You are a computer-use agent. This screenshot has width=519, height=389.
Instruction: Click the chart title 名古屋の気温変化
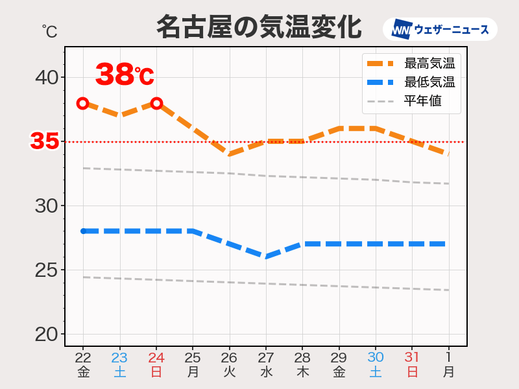(x=259, y=28)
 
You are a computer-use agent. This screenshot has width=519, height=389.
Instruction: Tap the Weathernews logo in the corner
(x=440, y=30)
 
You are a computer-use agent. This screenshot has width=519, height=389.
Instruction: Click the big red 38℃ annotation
(x=125, y=75)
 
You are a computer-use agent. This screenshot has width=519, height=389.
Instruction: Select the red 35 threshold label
(x=45, y=141)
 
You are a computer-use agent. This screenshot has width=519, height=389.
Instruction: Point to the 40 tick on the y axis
(x=46, y=78)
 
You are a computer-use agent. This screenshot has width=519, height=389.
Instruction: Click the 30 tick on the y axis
(x=46, y=206)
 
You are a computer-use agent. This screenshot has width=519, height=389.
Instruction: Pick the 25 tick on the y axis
(x=46, y=270)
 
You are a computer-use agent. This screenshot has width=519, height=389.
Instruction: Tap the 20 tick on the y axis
(x=46, y=334)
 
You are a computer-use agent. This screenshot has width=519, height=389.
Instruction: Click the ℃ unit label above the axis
(x=49, y=30)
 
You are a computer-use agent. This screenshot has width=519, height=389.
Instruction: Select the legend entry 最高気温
(x=429, y=64)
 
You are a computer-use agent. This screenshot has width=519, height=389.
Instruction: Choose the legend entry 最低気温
(x=429, y=82)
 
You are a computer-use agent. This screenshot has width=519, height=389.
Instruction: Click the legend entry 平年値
(x=422, y=101)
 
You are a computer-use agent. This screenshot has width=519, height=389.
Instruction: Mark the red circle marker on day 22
(x=83, y=103)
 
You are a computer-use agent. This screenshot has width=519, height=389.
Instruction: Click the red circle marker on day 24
(x=156, y=103)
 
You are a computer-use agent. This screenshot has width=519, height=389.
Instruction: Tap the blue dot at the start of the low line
(x=83, y=231)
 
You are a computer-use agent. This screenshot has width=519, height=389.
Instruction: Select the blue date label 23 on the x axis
(x=119, y=357)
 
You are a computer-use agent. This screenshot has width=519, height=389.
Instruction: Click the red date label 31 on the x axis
(x=412, y=357)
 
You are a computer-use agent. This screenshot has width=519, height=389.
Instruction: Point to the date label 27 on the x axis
(x=266, y=357)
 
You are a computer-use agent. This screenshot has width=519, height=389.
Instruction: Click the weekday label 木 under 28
(x=302, y=372)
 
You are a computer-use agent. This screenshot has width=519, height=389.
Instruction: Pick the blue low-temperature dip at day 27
(x=266, y=257)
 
